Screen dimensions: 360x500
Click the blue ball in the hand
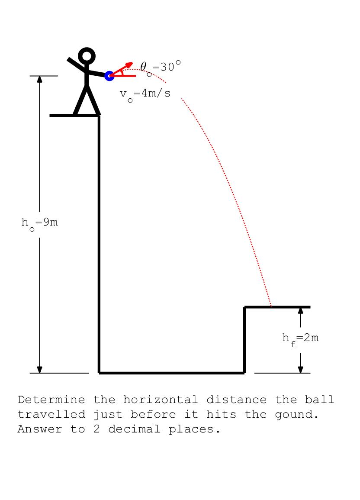pyautogui.click(x=109, y=76)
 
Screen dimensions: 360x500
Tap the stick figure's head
pyautogui.click(x=87, y=56)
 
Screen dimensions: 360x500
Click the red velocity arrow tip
pyautogui.click(x=132, y=62)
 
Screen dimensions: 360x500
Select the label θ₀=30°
pyautogui.click(x=160, y=68)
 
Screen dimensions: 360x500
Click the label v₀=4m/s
pyautogui.click(x=145, y=95)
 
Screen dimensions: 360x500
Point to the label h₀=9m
pyautogui.click(x=39, y=223)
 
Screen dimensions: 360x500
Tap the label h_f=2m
pyautogui.click(x=300, y=339)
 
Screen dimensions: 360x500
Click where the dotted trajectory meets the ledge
pyautogui.click(x=271, y=307)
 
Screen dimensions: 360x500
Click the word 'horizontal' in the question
pyautogui.click(x=161, y=400)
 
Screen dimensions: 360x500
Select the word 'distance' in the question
pyautogui.click(x=236, y=400)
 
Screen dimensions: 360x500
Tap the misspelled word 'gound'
pyautogui.click(x=297, y=415)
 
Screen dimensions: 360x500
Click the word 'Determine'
pyautogui.click(x=51, y=400)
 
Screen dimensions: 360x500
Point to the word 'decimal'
pyautogui.click(x=134, y=429)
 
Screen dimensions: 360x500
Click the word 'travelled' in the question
pyautogui.click(x=51, y=414)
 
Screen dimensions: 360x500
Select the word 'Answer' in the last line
pyautogui.click(x=40, y=429)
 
